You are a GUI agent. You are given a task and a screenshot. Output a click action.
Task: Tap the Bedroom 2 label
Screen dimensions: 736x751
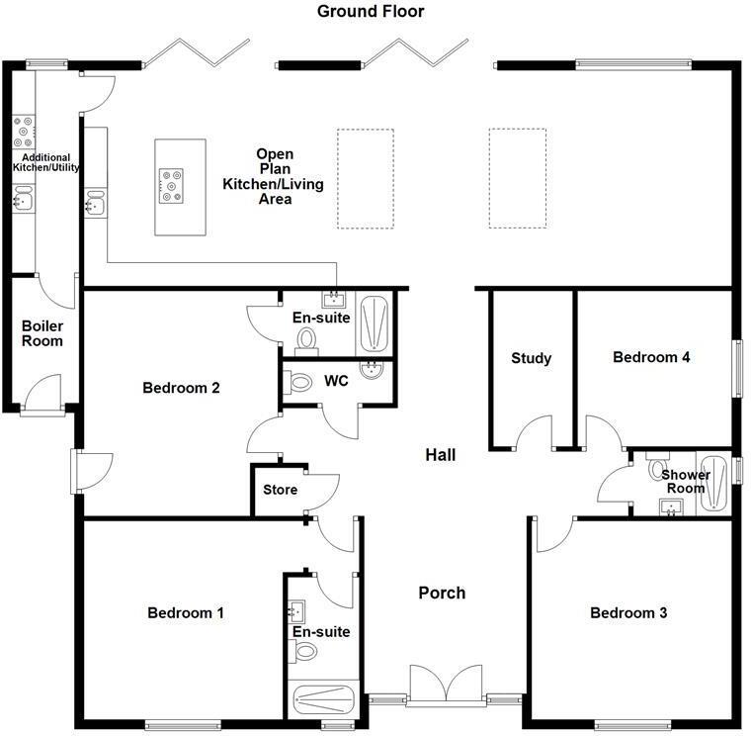click(x=181, y=388)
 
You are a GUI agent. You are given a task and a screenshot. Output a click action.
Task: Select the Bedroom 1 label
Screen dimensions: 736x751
click(x=186, y=613)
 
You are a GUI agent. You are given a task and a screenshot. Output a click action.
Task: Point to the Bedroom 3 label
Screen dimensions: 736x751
click(x=628, y=613)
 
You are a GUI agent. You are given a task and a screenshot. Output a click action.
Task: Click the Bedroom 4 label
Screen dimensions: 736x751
click(x=651, y=357)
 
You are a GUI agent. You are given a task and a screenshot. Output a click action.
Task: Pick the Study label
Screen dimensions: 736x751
click(x=531, y=358)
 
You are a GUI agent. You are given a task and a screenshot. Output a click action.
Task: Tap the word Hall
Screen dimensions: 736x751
click(x=441, y=455)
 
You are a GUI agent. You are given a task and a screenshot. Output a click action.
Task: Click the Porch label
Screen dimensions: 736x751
click(x=442, y=593)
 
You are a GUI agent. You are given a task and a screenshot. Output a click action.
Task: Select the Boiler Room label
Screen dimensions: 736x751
click(x=42, y=333)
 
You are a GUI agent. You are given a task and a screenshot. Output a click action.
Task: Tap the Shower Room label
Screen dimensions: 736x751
click(x=686, y=481)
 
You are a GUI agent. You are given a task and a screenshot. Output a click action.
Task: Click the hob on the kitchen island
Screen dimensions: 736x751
click(x=171, y=184)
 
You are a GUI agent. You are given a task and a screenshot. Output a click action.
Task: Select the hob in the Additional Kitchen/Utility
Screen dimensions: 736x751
click(x=22, y=127)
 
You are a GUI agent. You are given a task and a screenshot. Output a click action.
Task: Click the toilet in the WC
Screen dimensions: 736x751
click(x=296, y=381)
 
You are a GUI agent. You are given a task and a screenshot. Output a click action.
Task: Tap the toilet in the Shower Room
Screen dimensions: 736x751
click(x=657, y=467)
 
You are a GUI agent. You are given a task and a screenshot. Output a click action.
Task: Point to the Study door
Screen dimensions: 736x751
click(x=534, y=432)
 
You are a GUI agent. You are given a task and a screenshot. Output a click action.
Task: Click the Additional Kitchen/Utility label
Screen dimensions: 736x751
click(x=45, y=162)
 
